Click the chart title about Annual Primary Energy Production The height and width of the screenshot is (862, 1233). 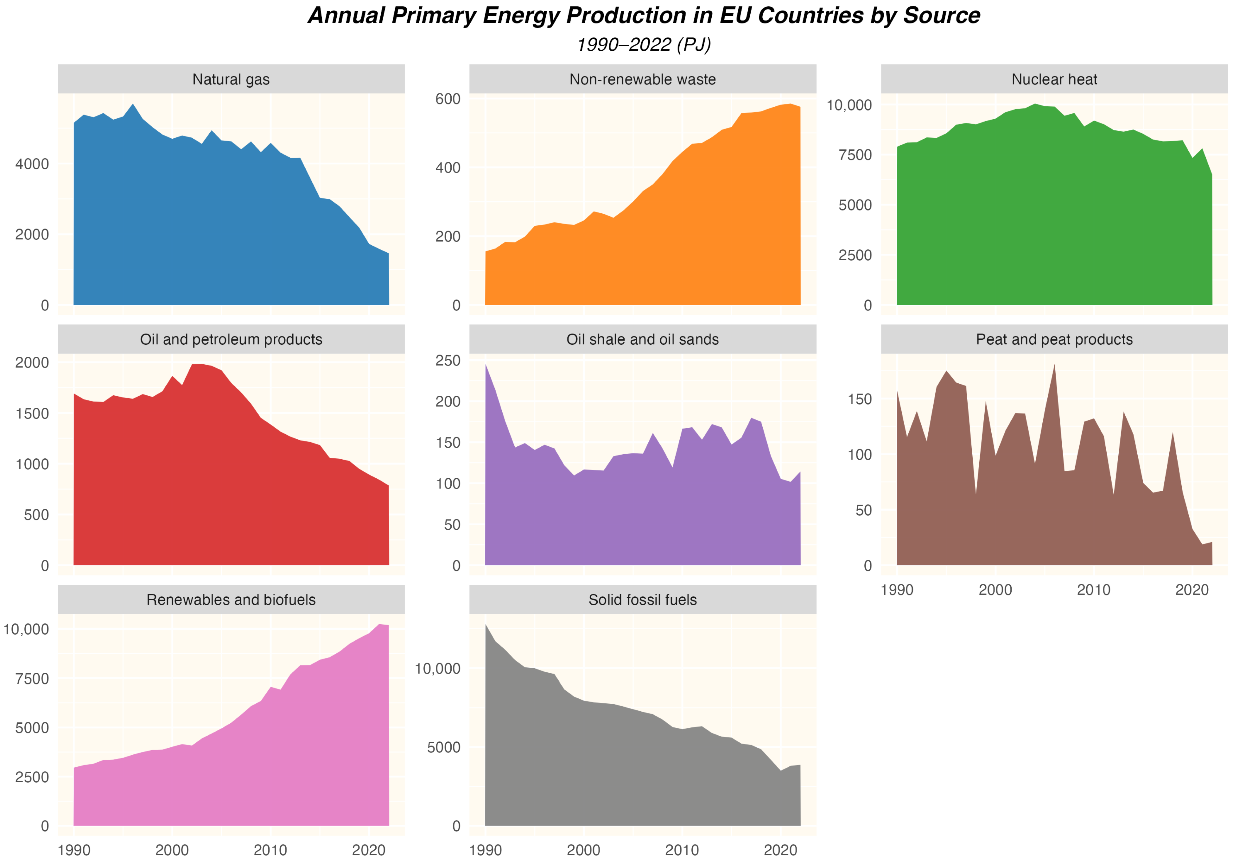click(643, 16)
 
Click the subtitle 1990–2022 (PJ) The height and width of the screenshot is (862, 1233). click(643, 45)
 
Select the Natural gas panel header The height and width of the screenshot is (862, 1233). click(231, 79)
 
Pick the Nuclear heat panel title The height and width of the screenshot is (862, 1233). click(1054, 79)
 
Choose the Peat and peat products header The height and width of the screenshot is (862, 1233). click(1054, 339)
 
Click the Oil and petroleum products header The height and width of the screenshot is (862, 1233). click(231, 339)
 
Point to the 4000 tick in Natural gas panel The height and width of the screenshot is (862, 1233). click(32, 164)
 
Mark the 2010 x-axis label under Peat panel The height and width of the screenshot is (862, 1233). click(1093, 590)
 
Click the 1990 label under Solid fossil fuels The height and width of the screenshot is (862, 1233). click(486, 850)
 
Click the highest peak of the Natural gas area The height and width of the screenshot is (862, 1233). click(133, 105)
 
